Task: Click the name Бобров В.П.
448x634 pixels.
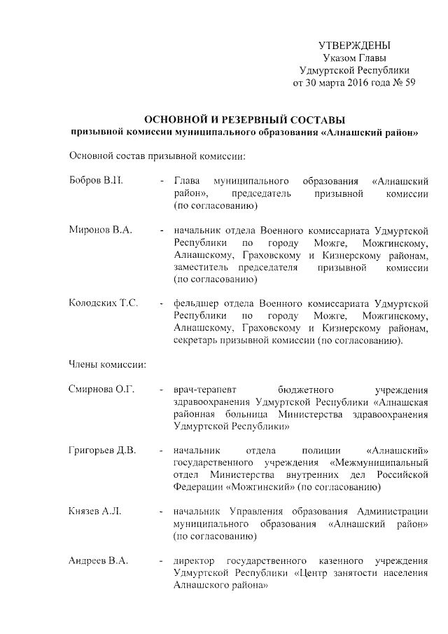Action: point(97,181)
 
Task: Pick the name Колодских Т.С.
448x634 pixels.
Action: point(104,303)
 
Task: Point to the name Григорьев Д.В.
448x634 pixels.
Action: point(102,449)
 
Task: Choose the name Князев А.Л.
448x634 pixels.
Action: point(95,510)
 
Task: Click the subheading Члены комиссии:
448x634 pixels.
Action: point(107,364)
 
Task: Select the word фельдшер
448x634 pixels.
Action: point(197,303)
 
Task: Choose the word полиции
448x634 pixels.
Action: point(314,450)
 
